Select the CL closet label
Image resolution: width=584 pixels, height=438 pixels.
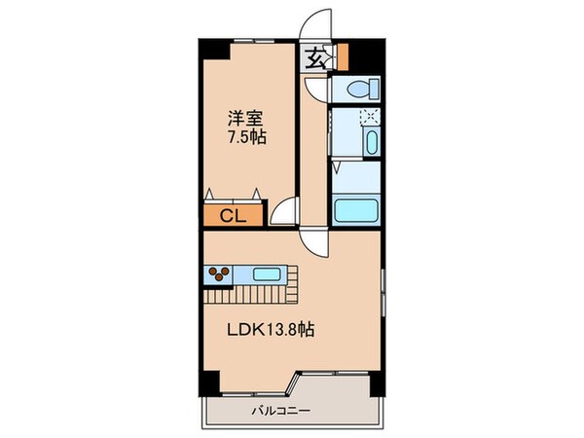(231, 214)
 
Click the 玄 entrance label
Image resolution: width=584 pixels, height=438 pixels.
(317, 58)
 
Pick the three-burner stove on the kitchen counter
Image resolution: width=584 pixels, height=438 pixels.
(219, 274)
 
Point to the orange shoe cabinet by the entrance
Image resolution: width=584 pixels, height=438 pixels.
(341, 55)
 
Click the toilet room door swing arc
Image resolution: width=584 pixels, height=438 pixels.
(313, 91)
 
